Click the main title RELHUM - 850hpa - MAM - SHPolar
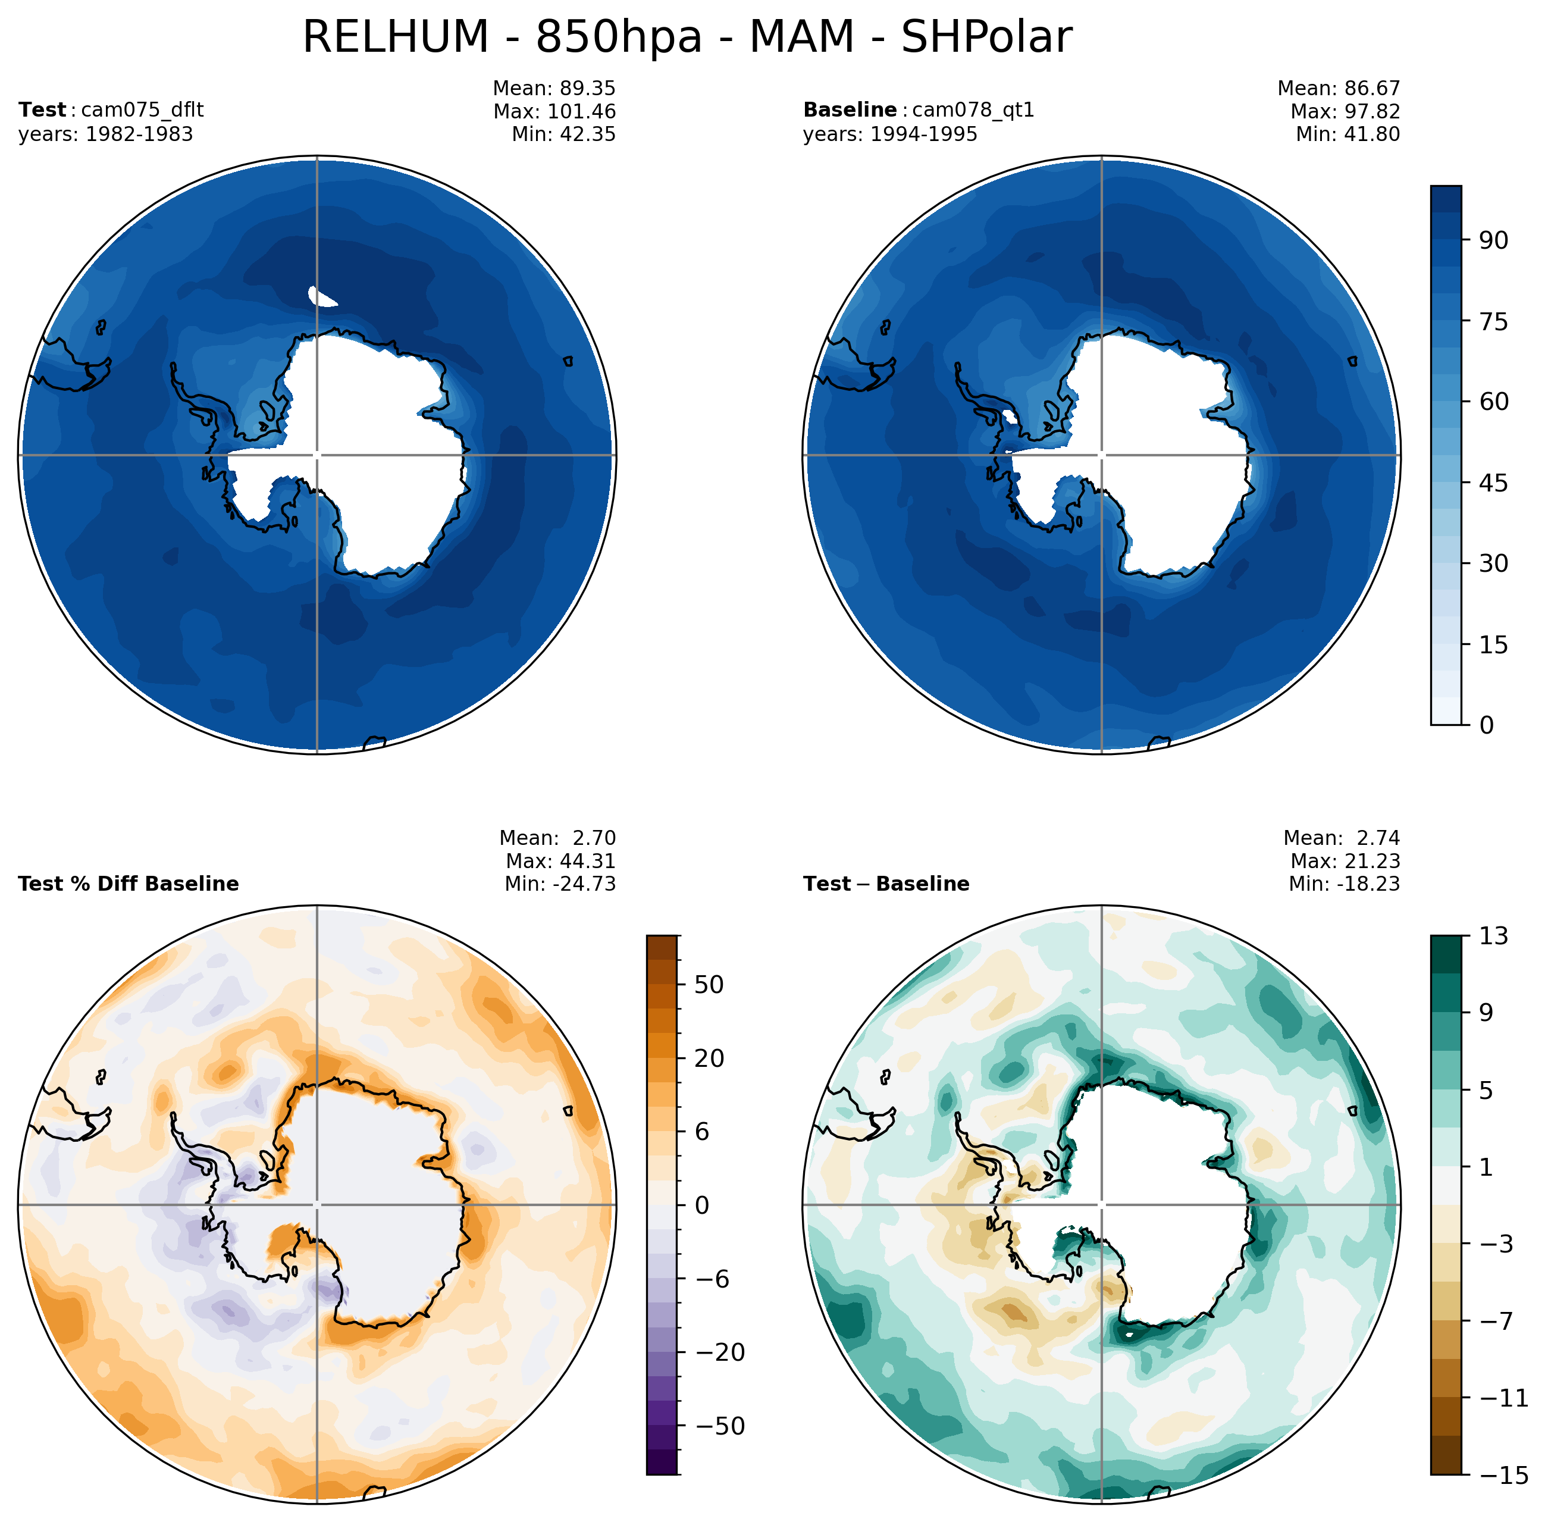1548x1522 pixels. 687,37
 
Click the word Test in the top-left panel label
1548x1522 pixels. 42,109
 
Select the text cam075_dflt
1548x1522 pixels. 142,109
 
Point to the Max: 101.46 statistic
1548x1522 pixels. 554,111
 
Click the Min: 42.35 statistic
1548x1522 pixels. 563,134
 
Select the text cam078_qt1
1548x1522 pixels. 973,109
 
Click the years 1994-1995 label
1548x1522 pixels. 889,134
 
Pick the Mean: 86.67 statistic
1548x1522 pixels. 1338,88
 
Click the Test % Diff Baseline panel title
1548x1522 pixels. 128,884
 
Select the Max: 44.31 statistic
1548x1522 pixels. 560,861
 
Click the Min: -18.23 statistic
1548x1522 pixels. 1343,884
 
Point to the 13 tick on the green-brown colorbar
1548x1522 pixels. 1493,935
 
